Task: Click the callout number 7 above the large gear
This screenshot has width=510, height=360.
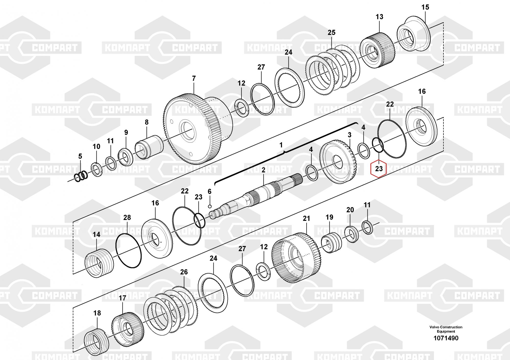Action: point(194,79)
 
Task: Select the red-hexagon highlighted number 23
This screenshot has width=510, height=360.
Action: point(379,169)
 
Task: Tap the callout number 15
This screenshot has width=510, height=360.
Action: point(425,7)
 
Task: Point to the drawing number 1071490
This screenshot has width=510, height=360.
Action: point(446,338)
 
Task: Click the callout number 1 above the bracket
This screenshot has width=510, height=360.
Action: point(281,145)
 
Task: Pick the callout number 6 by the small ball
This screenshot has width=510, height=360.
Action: point(209,191)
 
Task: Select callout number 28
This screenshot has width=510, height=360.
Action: point(127,217)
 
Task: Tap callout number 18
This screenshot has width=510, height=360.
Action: point(97,313)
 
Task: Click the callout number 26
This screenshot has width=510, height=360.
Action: point(184,272)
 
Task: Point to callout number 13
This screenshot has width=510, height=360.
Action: point(379,17)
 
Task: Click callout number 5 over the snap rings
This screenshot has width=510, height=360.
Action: point(80,156)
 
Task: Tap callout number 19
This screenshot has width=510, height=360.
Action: point(329,217)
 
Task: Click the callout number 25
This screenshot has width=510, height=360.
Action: point(331,33)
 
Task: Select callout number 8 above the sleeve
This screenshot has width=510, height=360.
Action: point(147,122)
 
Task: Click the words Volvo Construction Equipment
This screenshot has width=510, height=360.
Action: point(446,329)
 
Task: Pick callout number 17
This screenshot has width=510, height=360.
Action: point(122,298)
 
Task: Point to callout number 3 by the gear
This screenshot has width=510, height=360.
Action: point(349,135)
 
